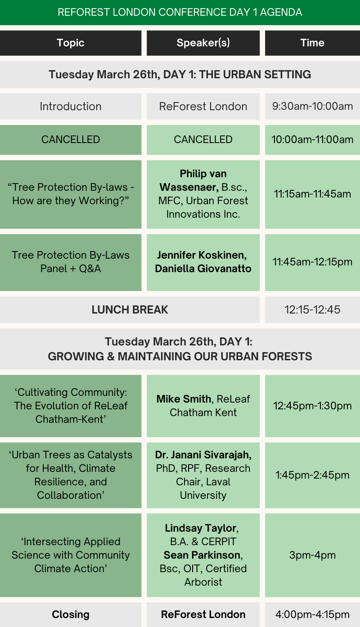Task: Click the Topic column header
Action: point(71,43)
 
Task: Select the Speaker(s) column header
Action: point(203,43)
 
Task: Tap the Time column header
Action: point(312,43)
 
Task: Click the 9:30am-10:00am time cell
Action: point(312,106)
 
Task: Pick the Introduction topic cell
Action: point(71,106)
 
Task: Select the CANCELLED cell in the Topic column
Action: point(71,139)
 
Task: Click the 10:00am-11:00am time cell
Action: point(312,139)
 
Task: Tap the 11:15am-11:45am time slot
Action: point(312,194)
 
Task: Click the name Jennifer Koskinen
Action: point(202,255)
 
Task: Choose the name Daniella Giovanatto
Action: point(203,269)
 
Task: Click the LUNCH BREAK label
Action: point(130,309)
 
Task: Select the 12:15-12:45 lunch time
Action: point(312,309)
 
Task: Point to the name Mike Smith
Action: point(184,399)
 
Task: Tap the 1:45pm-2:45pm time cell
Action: point(312,475)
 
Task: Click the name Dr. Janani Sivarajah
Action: point(203,455)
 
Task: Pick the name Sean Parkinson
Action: point(202,555)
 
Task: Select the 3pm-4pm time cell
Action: point(312,555)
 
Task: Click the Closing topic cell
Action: point(71,614)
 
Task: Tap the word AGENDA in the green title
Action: point(281,12)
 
